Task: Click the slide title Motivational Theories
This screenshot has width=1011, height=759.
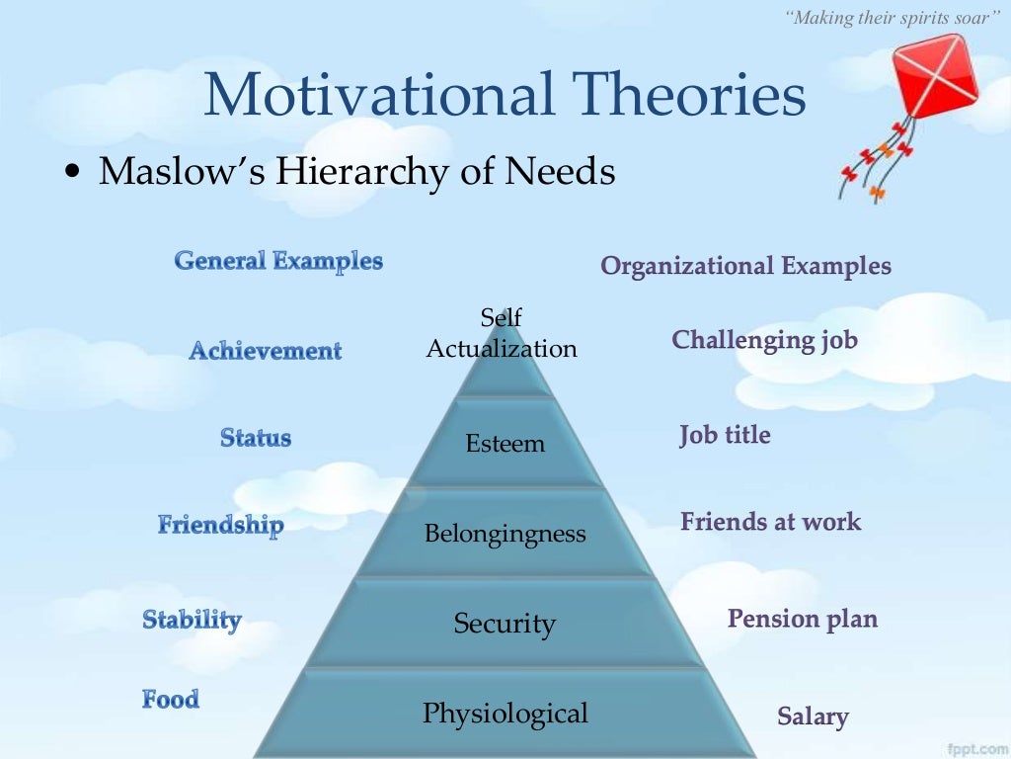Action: point(505,96)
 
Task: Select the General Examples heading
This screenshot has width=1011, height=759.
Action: point(278,261)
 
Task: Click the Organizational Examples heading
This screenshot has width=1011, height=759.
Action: point(745,266)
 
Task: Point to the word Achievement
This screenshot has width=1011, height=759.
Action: point(265,351)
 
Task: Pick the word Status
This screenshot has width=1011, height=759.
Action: point(256,438)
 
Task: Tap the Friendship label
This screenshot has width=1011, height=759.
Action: point(220,525)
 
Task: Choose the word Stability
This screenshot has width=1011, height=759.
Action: point(192,620)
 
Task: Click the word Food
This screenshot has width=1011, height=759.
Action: point(170,700)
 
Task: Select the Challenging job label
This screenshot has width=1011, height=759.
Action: point(764,341)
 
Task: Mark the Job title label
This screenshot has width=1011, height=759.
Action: point(725,435)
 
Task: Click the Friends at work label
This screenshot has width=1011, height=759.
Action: point(770,522)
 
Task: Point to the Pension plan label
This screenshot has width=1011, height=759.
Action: point(802,619)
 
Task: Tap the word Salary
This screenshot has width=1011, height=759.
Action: point(813,717)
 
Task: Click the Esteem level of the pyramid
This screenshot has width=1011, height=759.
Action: point(505,444)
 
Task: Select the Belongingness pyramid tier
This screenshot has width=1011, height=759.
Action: point(505,535)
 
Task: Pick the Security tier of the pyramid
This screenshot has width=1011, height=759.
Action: point(505,624)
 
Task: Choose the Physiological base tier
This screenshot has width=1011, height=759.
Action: point(505,714)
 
